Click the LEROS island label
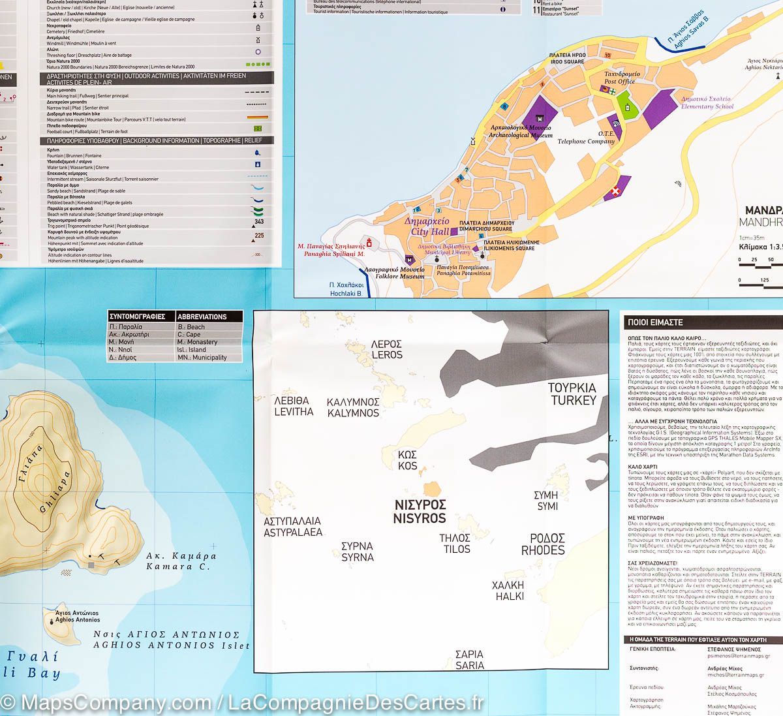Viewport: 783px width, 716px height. [386, 350]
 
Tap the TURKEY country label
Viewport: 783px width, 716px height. [572, 394]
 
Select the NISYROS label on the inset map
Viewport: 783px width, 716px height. [420, 512]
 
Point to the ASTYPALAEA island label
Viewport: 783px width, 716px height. [293, 527]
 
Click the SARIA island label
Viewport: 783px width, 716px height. [469, 660]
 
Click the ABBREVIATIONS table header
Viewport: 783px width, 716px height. [202, 317]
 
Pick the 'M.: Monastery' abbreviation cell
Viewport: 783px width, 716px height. [198, 342]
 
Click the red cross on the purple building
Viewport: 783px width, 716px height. [614, 192]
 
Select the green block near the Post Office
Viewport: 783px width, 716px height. [627, 108]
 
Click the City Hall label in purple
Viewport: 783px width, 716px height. [427, 226]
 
